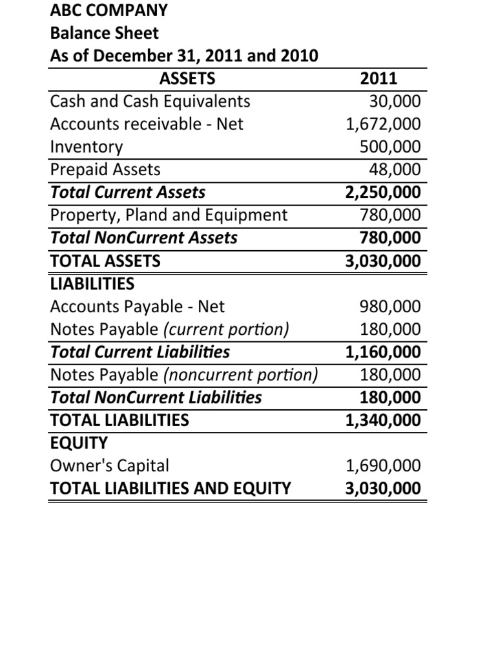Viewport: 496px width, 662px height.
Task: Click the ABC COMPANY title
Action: (x=108, y=10)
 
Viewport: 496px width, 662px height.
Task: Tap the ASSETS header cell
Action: (x=187, y=79)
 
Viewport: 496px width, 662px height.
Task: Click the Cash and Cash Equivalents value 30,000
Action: (x=394, y=101)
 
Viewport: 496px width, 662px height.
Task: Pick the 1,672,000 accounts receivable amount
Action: (x=383, y=124)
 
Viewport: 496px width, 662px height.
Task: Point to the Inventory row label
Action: (x=86, y=147)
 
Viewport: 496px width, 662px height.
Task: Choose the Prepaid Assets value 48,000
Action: (x=394, y=169)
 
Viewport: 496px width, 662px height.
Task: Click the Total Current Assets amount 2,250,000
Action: (x=383, y=192)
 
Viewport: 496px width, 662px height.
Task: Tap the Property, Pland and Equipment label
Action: (x=169, y=215)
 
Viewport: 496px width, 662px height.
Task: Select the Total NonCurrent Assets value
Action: (x=390, y=237)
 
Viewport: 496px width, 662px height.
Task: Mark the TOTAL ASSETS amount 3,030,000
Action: (x=383, y=261)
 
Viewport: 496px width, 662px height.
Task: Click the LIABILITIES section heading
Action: (x=92, y=284)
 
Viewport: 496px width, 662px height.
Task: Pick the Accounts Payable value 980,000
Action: (x=390, y=306)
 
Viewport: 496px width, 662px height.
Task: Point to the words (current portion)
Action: (x=226, y=329)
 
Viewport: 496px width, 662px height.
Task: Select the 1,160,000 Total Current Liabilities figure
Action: (x=383, y=352)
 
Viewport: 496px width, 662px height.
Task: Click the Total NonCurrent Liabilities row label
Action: (x=156, y=397)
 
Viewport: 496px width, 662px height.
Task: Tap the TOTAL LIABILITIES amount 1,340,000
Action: (x=383, y=420)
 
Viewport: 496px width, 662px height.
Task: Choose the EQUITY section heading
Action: (x=79, y=443)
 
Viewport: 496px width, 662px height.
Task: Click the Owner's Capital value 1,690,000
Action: (x=383, y=465)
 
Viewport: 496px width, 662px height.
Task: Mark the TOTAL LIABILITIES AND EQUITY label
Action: (x=170, y=488)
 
